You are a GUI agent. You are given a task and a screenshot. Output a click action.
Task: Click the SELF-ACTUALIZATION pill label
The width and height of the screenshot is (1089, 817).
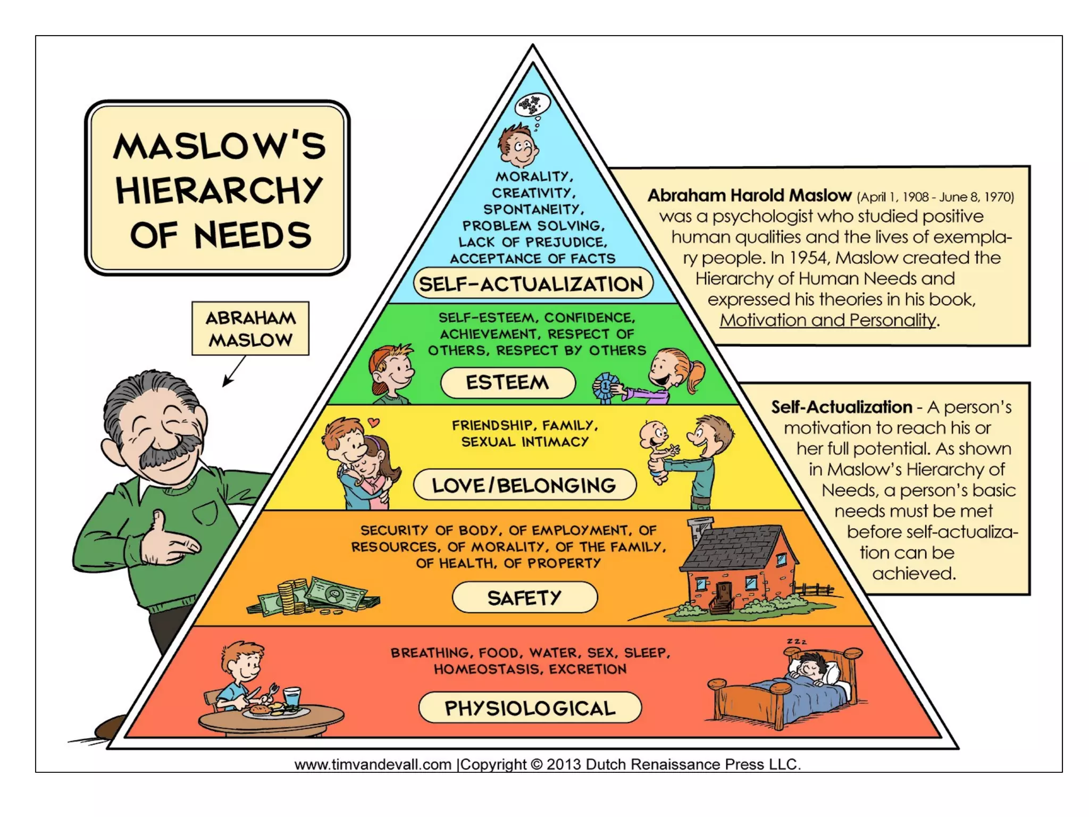click(532, 284)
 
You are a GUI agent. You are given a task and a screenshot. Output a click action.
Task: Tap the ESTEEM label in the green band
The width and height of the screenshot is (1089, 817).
click(508, 382)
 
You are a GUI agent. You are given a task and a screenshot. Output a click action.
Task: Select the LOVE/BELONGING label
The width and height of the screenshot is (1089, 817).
click(524, 485)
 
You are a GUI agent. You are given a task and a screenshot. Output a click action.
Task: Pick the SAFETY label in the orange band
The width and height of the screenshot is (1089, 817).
click(524, 597)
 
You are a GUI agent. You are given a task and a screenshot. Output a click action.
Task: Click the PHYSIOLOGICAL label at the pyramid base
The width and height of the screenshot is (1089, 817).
click(530, 708)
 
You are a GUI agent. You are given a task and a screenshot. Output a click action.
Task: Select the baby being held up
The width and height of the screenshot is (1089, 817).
click(657, 449)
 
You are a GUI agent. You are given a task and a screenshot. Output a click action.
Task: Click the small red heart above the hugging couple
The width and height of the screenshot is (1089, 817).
click(374, 422)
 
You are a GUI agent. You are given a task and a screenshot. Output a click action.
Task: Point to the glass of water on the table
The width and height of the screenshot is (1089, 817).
click(292, 697)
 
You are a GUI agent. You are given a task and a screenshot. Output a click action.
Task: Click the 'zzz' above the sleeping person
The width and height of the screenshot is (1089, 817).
click(797, 641)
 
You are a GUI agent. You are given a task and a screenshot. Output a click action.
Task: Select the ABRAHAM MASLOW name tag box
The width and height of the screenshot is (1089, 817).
click(250, 329)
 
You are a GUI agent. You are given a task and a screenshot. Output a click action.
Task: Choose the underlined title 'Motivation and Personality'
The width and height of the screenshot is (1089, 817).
click(828, 320)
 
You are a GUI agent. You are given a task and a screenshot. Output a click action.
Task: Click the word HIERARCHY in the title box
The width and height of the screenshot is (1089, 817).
click(219, 190)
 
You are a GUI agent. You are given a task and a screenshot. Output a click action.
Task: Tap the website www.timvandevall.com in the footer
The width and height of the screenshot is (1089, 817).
click(373, 764)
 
